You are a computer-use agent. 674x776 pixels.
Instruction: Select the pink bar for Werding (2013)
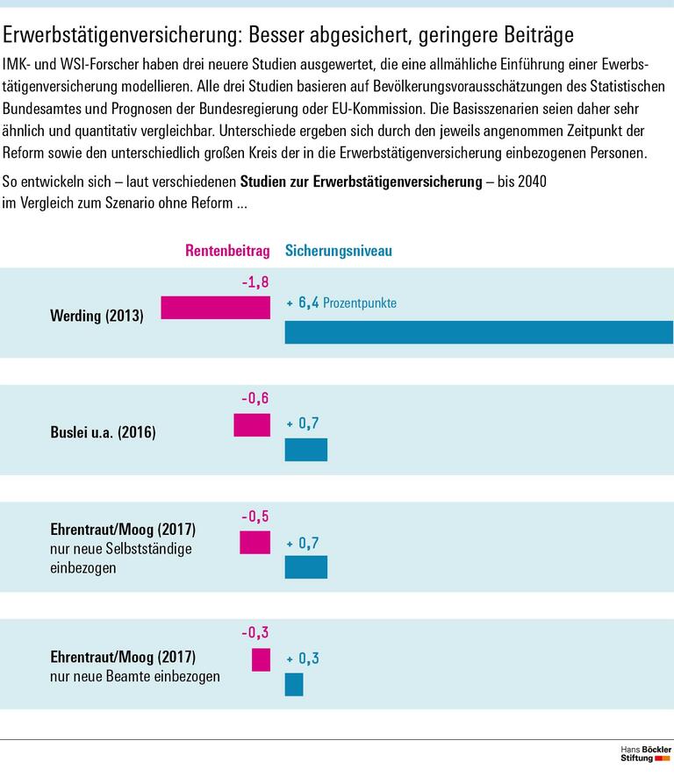coord(215,307)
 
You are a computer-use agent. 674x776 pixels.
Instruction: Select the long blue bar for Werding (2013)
coord(478,332)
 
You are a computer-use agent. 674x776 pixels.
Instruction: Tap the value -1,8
coord(255,282)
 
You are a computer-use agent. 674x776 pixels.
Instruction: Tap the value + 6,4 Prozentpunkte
coord(342,303)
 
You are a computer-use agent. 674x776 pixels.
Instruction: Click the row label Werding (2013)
coord(97,314)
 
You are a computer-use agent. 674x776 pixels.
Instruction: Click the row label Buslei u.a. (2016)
coord(103,431)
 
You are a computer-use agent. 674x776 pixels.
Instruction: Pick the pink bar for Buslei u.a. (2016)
coord(252,425)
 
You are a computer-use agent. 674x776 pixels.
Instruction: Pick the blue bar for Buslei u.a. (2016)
coord(306,450)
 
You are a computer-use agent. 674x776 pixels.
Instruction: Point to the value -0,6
coord(255,400)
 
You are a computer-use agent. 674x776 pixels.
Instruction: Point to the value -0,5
coord(255,516)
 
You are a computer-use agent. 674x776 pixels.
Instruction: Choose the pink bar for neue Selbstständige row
coord(255,543)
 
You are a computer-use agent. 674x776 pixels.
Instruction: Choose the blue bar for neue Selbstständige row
coord(306,567)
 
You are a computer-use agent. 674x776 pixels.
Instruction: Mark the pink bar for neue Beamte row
coord(261,659)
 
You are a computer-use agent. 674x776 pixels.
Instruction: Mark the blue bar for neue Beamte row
coord(294,684)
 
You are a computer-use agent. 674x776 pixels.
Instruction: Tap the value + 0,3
coord(303,658)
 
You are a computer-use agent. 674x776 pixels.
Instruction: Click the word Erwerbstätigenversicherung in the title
coord(123,35)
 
